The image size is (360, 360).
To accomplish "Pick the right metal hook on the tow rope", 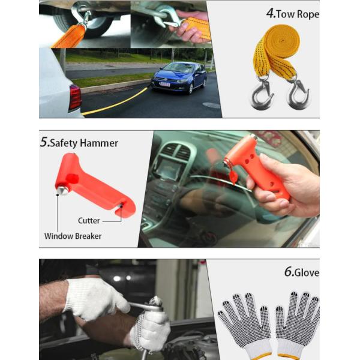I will [x=298, y=96].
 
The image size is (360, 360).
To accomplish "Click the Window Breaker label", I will [x=73, y=236].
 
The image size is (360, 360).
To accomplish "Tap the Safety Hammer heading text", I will [x=84, y=143].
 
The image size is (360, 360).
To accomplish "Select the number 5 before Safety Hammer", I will [x=44, y=143].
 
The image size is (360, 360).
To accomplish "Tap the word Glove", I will [x=307, y=272].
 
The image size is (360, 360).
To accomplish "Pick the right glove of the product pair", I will [x=298, y=323].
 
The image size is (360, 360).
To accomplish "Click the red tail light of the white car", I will [x=75, y=98].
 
